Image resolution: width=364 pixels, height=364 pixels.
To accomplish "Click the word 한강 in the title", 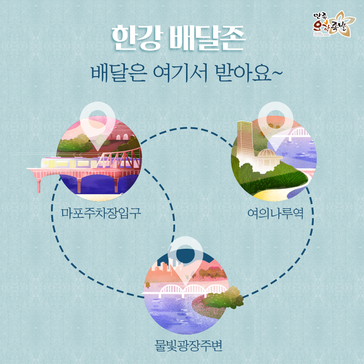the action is click(x=135, y=38).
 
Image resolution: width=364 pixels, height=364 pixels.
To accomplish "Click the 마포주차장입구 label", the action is click(x=101, y=212).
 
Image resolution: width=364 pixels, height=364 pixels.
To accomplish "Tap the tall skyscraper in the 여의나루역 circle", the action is click(x=245, y=140).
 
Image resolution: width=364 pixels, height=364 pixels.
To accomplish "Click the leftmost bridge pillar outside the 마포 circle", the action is click(x=39, y=184).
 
